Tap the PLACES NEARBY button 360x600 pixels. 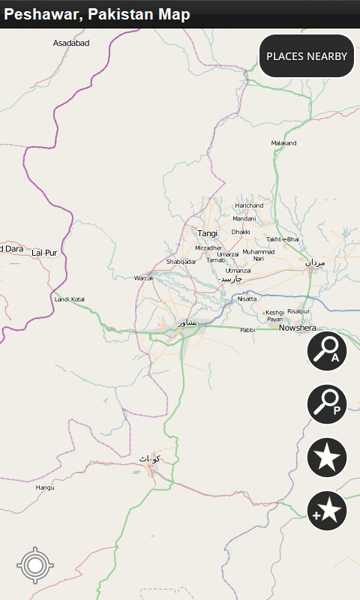click(x=307, y=56)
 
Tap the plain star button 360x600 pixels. click(x=327, y=457)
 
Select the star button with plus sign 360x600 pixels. click(x=327, y=511)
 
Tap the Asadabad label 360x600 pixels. click(x=71, y=43)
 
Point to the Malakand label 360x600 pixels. click(x=284, y=143)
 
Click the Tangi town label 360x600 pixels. click(x=208, y=233)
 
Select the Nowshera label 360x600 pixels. click(x=298, y=328)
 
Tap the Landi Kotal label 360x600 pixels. click(x=70, y=300)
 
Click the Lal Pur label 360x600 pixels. click(x=45, y=253)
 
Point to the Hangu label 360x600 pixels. click(x=45, y=487)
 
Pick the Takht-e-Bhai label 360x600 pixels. click(x=283, y=239)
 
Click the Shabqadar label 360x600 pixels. click(x=181, y=262)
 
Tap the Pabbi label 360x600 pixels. click(x=247, y=330)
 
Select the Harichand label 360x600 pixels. click(x=249, y=205)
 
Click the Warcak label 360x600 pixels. click(x=143, y=278)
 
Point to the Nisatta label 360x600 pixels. click(x=247, y=299)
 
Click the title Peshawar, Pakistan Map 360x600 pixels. click(x=97, y=14)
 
